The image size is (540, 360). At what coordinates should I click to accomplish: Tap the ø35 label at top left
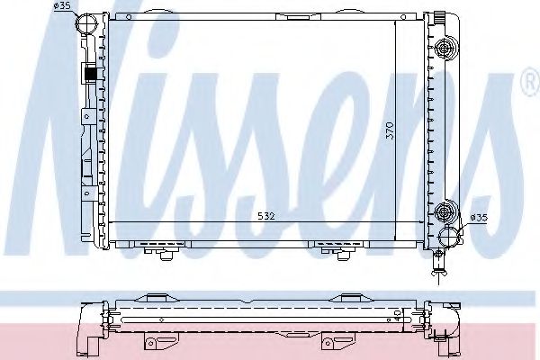point(62,7)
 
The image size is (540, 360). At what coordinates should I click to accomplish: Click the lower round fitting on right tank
point(444,211)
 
